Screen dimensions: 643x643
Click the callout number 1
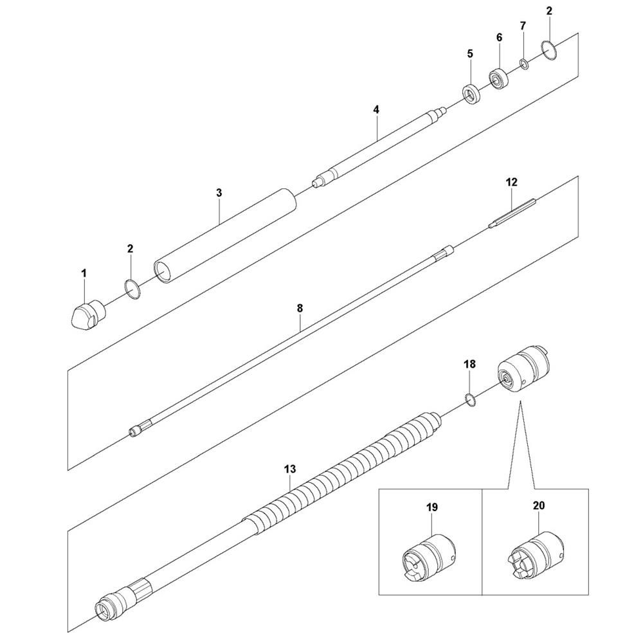(x=84, y=273)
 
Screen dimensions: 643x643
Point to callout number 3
(x=219, y=193)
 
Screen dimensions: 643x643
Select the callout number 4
(x=376, y=109)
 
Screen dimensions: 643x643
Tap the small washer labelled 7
(x=524, y=64)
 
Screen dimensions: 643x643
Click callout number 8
(x=300, y=308)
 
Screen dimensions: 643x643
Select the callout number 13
(x=289, y=469)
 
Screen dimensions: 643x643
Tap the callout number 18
(x=469, y=364)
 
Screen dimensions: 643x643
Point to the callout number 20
(x=539, y=505)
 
